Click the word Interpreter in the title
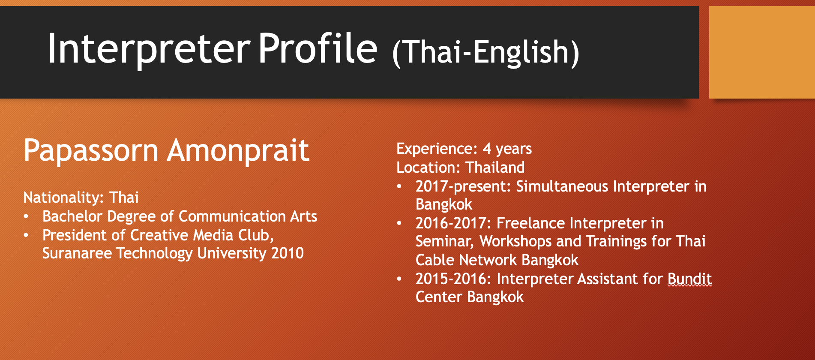pos(149,49)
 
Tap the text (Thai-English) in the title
pos(486,52)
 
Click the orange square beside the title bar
pos(762,52)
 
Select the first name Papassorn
pos(91,151)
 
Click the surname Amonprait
pos(238,150)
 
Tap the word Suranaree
pos(71,253)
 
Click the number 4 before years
pos(487,149)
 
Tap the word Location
pos(428,167)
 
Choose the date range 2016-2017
pos(453,223)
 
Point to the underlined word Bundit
pos(690,279)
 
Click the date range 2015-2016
pos(453,279)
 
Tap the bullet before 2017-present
pos(399,186)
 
